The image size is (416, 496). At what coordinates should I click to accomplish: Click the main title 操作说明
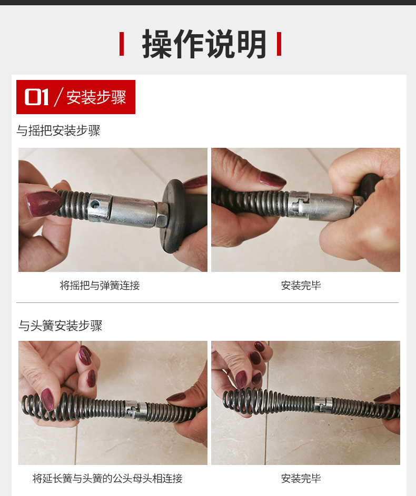[204, 44]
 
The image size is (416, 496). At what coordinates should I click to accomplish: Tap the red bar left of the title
[122, 44]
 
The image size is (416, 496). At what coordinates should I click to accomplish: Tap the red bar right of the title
[279, 44]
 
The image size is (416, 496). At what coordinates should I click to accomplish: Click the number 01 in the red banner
[36, 97]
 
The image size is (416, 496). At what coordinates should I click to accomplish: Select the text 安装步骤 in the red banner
[96, 97]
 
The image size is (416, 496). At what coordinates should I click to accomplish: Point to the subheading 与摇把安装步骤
[58, 130]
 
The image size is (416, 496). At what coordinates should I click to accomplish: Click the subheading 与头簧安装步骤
[60, 326]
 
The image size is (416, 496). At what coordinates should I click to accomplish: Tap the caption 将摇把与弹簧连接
[100, 285]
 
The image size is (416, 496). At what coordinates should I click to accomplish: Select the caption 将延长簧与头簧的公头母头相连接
[107, 478]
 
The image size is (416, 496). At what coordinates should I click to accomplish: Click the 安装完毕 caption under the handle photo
[301, 285]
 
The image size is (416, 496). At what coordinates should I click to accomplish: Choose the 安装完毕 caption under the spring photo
[301, 478]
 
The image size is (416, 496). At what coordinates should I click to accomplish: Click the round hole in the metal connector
[95, 204]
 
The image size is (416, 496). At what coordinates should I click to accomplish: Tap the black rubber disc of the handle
[173, 216]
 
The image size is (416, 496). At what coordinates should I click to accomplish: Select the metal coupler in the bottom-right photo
[323, 404]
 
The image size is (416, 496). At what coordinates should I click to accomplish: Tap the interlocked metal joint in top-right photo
[299, 205]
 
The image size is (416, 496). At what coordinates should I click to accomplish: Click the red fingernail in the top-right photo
[272, 179]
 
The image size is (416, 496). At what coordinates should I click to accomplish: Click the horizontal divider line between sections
[207, 303]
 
